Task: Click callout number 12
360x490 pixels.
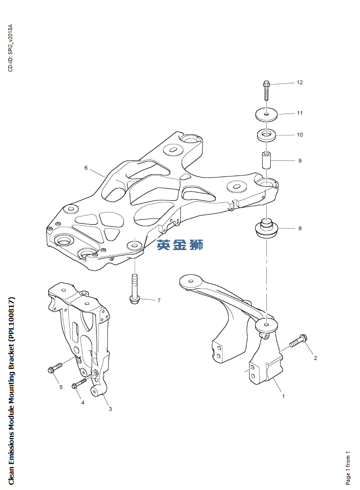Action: pyautogui.click(x=300, y=82)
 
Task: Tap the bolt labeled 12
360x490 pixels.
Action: pyautogui.click(x=266, y=91)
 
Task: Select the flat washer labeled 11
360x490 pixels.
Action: pyautogui.click(x=266, y=115)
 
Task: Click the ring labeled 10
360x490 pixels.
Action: pyautogui.click(x=266, y=135)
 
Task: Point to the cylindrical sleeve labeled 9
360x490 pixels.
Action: pyautogui.click(x=266, y=160)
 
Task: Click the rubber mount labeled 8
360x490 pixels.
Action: pyautogui.click(x=266, y=229)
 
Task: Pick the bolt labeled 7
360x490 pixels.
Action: pyautogui.click(x=135, y=289)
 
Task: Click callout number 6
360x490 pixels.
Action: pyautogui.click(x=86, y=168)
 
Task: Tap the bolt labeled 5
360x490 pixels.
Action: pyautogui.click(x=55, y=368)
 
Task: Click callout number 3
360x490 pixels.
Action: pyautogui.click(x=110, y=409)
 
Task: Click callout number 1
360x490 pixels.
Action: pyautogui.click(x=283, y=396)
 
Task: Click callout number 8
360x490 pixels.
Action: pyautogui.click(x=300, y=228)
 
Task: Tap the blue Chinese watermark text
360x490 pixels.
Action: pyautogui.click(x=180, y=245)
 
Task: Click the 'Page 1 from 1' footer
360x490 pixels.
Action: pyautogui.click(x=348, y=468)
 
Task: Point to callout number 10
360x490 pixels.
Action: pyautogui.click(x=300, y=135)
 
